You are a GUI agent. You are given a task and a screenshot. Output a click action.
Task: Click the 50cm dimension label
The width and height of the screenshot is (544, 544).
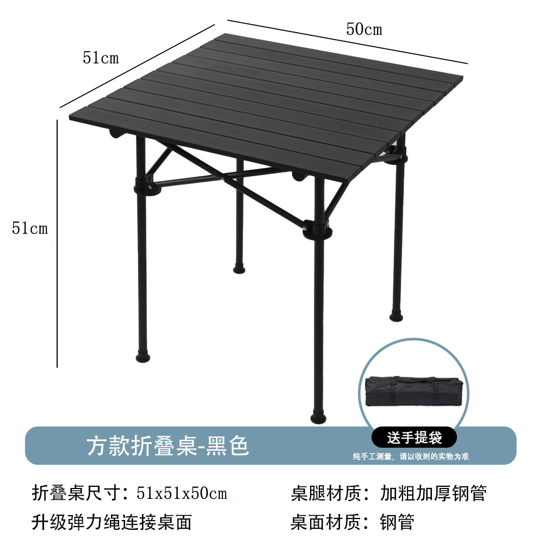364,29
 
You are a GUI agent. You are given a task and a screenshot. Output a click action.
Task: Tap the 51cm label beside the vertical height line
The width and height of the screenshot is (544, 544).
30,228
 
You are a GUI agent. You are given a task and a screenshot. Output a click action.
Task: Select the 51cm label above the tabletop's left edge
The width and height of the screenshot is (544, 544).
101,58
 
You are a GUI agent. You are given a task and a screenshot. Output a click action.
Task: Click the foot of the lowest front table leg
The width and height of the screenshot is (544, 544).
318,418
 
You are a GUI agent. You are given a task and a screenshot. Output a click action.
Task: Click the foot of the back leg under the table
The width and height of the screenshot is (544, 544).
239,268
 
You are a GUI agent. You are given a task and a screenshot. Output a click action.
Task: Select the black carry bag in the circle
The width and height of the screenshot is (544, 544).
415,392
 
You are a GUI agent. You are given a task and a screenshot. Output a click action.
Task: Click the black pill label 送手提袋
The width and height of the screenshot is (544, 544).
415,437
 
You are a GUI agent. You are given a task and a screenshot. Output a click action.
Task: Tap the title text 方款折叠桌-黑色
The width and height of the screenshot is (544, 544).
168,446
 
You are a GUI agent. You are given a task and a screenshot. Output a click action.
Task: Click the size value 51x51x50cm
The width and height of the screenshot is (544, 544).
181,494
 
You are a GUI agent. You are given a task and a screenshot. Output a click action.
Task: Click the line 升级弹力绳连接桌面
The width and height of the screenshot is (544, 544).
112,522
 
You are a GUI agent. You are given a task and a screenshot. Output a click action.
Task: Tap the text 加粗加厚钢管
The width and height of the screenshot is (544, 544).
432,494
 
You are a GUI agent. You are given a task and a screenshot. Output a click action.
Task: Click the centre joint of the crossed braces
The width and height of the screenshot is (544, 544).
225,177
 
